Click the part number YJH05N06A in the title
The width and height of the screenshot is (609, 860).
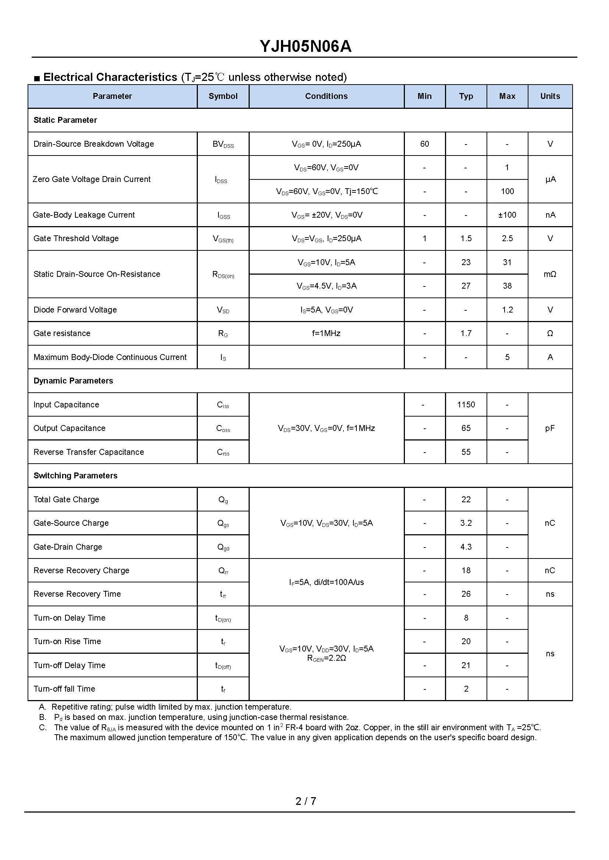click(x=305, y=46)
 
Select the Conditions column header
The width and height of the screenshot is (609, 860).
click(x=326, y=96)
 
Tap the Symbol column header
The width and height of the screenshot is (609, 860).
click(x=223, y=96)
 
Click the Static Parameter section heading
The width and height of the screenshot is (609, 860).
click(x=65, y=120)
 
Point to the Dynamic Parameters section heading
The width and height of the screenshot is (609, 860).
click(x=73, y=381)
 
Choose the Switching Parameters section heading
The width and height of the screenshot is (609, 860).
click(x=75, y=476)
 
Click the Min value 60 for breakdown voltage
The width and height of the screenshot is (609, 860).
click(x=424, y=144)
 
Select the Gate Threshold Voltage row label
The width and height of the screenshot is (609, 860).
click(x=76, y=238)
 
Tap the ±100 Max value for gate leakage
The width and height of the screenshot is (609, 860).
click(x=507, y=215)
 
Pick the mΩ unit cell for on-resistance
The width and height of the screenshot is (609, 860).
click(x=550, y=274)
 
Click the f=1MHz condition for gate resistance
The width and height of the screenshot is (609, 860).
click(x=326, y=333)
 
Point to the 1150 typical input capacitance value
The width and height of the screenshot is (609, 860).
click(x=466, y=404)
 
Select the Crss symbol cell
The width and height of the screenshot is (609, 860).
click(x=223, y=453)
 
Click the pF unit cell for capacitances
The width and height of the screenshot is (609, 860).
click(x=550, y=428)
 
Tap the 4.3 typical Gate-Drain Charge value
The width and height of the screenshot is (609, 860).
click(x=466, y=547)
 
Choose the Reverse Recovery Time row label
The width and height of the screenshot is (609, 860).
click(x=77, y=594)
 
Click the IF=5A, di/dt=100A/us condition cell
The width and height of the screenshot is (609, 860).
click(x=326, y=582)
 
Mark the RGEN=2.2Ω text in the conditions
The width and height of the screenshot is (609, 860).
click(x=326, y=658)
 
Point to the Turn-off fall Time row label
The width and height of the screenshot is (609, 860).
click(x=64, y=689)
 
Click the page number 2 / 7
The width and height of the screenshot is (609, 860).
click(x=306, y=801)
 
